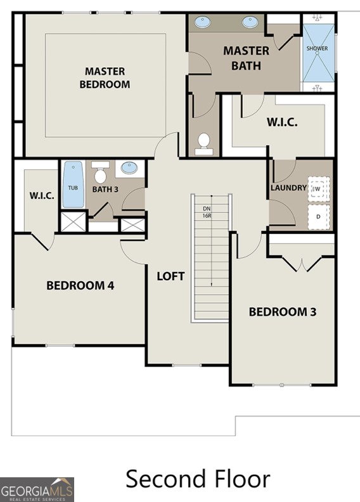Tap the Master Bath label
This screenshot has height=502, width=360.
[x=246, y=58]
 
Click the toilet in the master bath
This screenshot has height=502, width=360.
[x=203, y=143]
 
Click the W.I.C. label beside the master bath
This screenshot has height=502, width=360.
[x=281, y=122]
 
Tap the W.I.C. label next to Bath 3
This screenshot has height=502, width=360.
[x=42, y=196]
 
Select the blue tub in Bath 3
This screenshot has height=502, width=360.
[x=74, y=185]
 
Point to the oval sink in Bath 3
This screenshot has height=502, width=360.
[x=129, y=169]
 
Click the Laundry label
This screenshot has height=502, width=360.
[x=288, y=188]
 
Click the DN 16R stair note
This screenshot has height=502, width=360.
[x=207, y=212]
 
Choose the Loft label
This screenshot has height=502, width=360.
[x=170, y=276]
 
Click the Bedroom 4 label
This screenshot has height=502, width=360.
[x=80, y=285]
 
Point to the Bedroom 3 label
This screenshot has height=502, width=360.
[x=282, y=312]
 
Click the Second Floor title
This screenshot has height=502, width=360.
[x=198, y=479]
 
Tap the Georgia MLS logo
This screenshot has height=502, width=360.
[x=37, y=489]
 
